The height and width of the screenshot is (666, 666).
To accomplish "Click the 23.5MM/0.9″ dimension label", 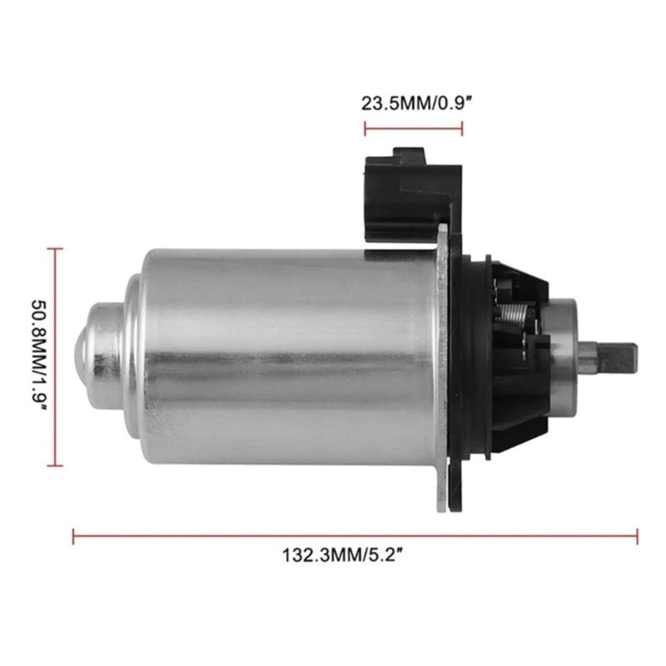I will coord(414,104).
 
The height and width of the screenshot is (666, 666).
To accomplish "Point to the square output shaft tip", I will coord(620,357).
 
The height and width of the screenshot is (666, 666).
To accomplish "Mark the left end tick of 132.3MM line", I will coord(74,537).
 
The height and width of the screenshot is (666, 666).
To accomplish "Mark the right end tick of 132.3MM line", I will coord(638,537).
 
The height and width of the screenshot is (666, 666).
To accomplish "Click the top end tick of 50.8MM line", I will coord(55,248).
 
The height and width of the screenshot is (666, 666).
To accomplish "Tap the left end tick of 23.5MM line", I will coord(365,129).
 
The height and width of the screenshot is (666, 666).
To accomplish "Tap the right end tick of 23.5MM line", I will coord(462,129).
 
